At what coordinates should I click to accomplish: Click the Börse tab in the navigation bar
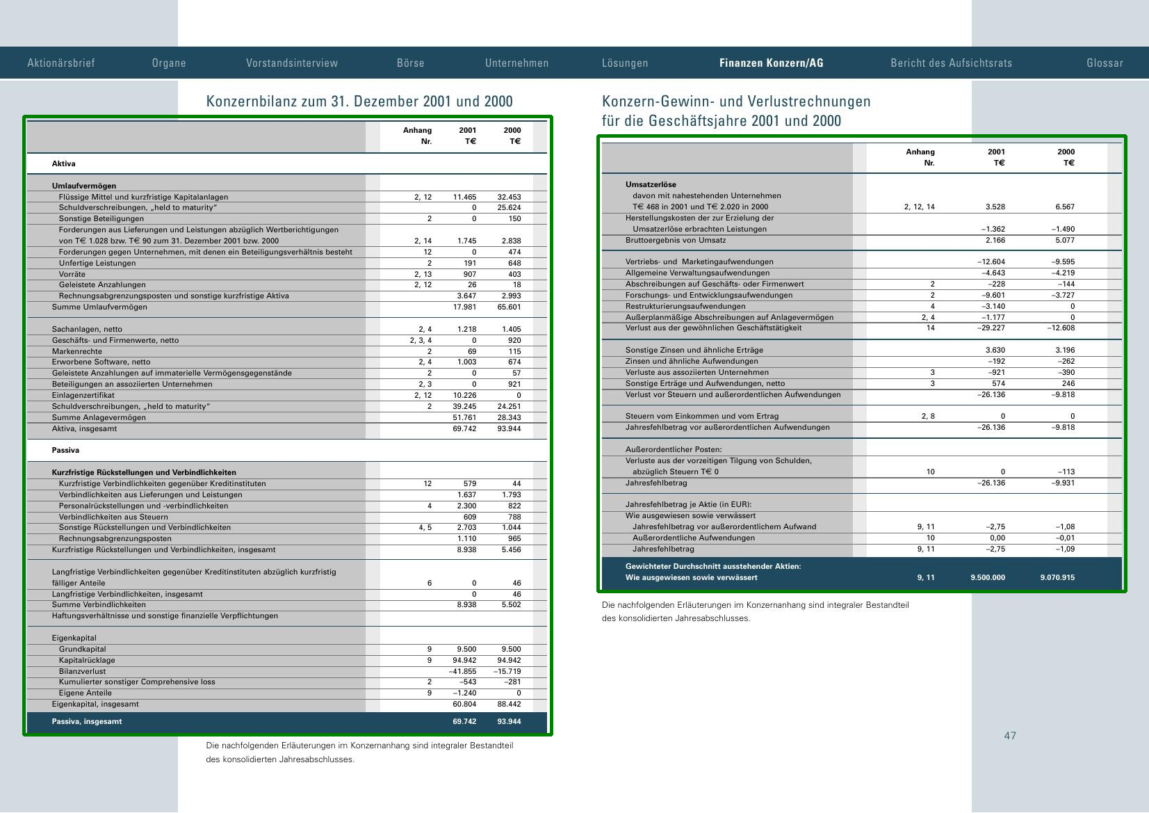pyautogui.click(x=410, y=63)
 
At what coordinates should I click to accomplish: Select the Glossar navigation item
pyautogui.click(x=1105, y=63)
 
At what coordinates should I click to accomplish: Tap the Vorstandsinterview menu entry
pyautogui.click(x=292, y=63)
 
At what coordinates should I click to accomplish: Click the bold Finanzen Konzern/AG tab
pyautogui.click(x=771, y=63)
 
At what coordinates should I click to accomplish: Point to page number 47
pyautogui.click(x=1009, y=736)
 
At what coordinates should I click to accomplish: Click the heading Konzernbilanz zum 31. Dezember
pyautogui.click(x=359, y=102)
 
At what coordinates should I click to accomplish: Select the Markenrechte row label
pyautogui.click(x=76, y=351)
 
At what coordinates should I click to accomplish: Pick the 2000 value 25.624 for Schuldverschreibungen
pyautogui.click(x=509, y=208)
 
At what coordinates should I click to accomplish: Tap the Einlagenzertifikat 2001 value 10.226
pyautogui.click(x=464, y=395)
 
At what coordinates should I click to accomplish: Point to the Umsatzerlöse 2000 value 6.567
pyautogui.click(x=1064, y=207)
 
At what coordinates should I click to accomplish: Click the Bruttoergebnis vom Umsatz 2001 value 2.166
pyautogui.click(x=995, y=240)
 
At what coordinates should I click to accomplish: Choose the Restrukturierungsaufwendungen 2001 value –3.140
pyautogui.click(x=993, y=306)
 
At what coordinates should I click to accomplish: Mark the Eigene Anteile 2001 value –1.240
pyautogui.click(x=464, y=693)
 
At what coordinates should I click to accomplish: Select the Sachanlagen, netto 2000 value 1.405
pyautogui.click(x=509, y=329)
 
